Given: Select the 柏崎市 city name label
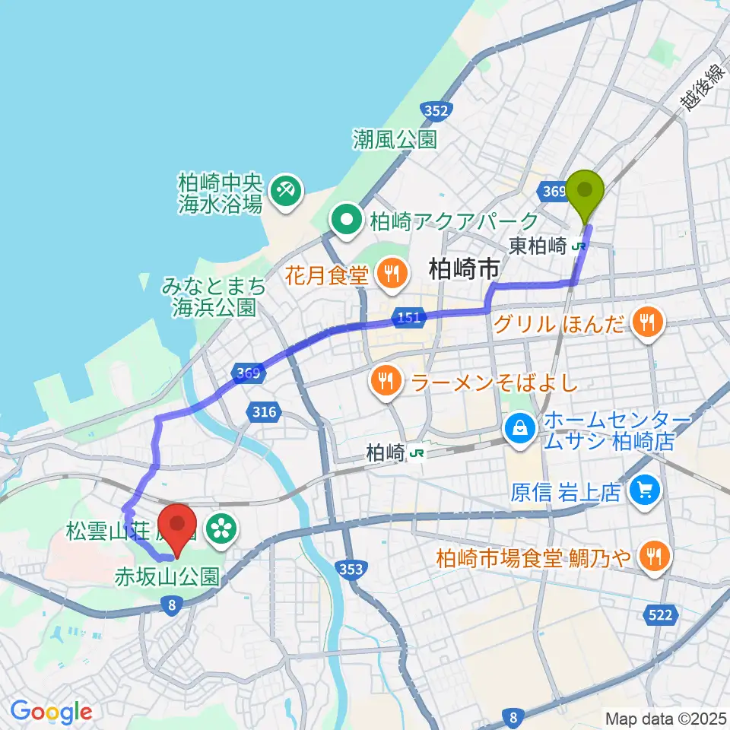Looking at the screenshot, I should coord(464,268).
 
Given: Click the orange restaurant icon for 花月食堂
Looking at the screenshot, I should coord(392,271).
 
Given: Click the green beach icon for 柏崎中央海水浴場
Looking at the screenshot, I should coord(287,186).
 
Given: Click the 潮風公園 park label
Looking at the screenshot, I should coord(395,139).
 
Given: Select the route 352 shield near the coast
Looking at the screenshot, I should coord(436,111).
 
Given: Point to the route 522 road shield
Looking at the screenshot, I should coord(660,614).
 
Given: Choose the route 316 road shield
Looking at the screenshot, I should coord(262,412).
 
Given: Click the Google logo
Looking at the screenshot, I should coord(51,713).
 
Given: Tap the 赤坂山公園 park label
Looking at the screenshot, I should coord(167,576).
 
